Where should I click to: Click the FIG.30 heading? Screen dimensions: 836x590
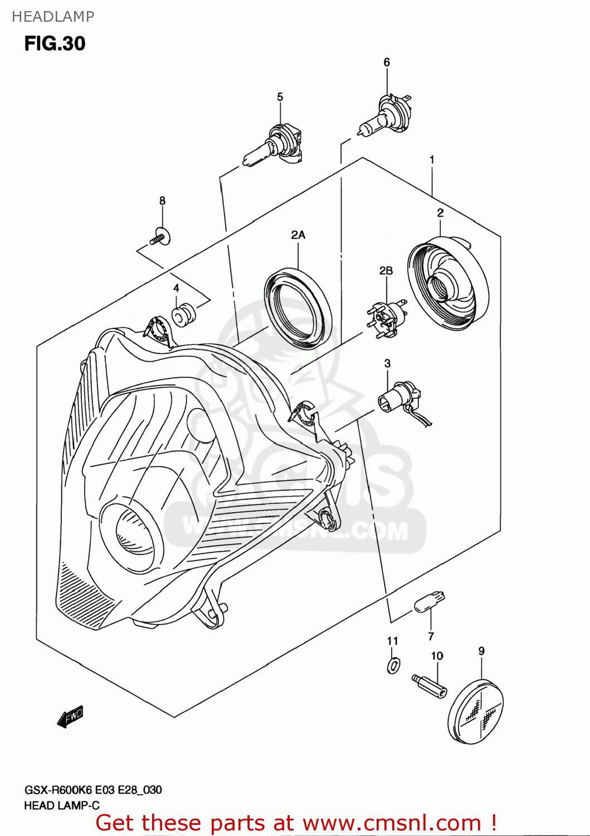pyautogui.click(x=55, y=43)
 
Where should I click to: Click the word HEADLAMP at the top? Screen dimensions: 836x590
pyautogui.click(x=53, y=17)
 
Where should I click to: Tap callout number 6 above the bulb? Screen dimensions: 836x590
pyautogui.click(x=387, y=62)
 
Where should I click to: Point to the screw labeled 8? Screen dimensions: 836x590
pyautogui.click(x=160, y=238)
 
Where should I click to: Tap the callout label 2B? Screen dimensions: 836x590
pyautogui.click(x=386, y=271)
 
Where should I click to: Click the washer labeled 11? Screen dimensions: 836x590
pyautogui.click(x=393, y=665)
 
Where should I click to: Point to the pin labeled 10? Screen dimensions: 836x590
pyautogui.click(x=430, y=685)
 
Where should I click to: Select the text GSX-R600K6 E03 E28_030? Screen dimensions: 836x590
pyautogui.click(x=93, y=790)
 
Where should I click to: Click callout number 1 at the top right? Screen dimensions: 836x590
pyautogui.click(x=432, y=160)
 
